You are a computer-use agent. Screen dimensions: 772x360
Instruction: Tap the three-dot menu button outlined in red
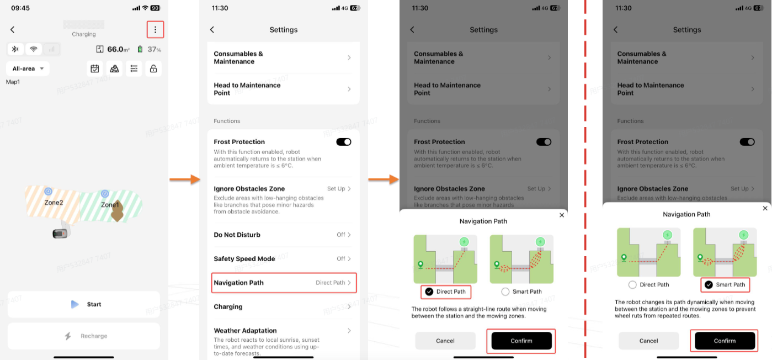pyautogui.click(x=155, y=30)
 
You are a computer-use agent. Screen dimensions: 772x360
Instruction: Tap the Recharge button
pyautogui.click(x=84, y=336)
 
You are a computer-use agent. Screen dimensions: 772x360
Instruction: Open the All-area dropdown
pyautogui.click(x=28, y=68)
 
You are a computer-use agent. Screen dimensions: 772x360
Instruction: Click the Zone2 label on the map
pyautogui.click(x=54, y=203)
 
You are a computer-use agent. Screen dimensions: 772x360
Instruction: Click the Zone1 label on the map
pyautogui.click(x=110, y=205)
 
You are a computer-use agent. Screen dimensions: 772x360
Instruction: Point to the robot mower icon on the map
pyautogui.click(x=60, y=234)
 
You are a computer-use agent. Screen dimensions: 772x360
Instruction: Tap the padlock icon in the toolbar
pyautogui.click(x=153, y=68)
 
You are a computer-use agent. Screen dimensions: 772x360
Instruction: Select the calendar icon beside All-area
pyautogui.click(x=95, y=68)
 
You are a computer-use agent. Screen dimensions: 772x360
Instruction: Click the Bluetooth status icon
pyautogui.click(x=15, y=49)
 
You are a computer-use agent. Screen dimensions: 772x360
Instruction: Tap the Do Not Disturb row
pyautogui.click(x=283, y=235)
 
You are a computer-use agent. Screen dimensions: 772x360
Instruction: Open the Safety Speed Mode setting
pyautogui.click(x=283, y=258)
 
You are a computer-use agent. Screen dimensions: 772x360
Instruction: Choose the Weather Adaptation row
pyautogui.click(x=283, y=341)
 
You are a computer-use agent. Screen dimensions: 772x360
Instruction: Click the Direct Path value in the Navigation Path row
pyautogui.click(x=330, y=283)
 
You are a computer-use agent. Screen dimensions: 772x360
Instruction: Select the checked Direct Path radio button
pyautogui.click(x=429, y=292)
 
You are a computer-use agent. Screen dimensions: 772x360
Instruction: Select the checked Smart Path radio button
pyautogui.click(x=709, y=285)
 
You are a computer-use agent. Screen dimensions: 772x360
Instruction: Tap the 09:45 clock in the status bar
pyautogui.click(x=20, y=8)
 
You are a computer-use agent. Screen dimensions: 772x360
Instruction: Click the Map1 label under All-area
pyautogui.click(x=13, y=82)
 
